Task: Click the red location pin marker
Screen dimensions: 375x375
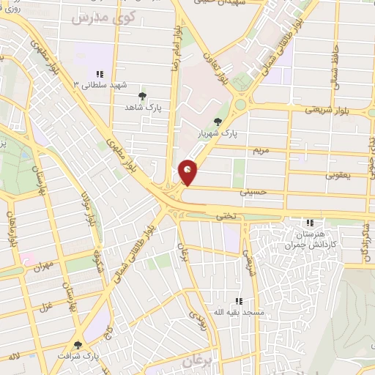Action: (x=188, y=172)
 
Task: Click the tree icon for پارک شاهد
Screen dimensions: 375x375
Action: (x=142, y=95)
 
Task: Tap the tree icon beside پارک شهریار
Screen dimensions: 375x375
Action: (x=218, y=122)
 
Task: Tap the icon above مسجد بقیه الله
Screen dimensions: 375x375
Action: (x=238, y=301)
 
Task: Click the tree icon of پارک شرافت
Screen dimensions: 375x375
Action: (x=78, y=344)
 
